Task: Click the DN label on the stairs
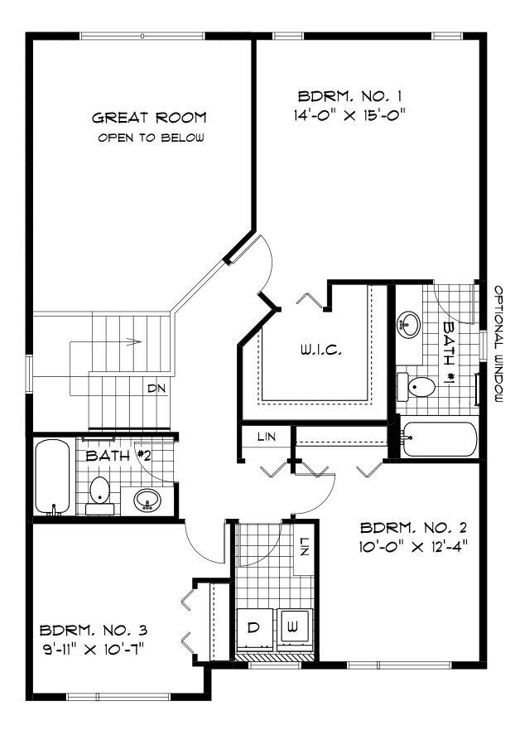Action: point(155,388)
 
